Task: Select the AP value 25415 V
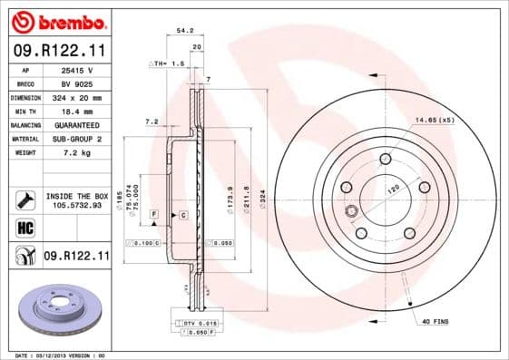pyautogui.click(x=79, y=69)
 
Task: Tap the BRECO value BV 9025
pyautogui.click(x=79, y=83)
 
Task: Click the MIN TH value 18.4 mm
pyautogui.click(x=79, y=111)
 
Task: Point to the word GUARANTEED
pyautogui.click(x=78, y=124)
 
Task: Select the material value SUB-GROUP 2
pyautogui.click(x=79, y=139)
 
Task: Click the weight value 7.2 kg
pyautogui.click(x=79, y=152)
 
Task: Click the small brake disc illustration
pyautogui.click(x=57, y=309)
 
